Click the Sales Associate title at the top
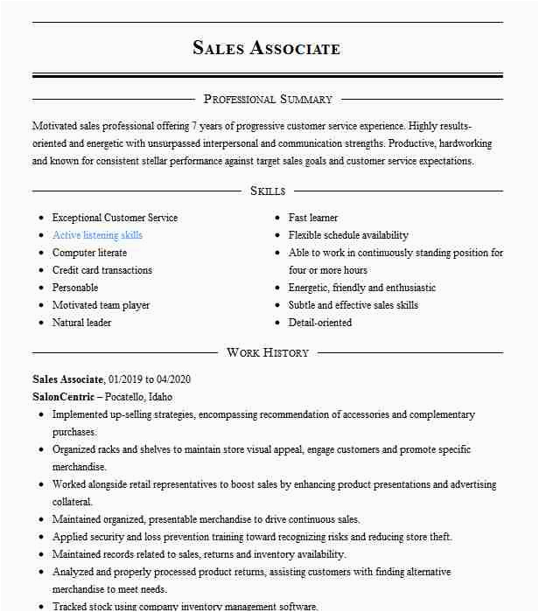(267, 48)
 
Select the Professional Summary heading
(268, 100)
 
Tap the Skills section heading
(268, 191)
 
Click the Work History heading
(268, 352)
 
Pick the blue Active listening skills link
(97, 235)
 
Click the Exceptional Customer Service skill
(115, 218)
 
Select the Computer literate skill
(89, 253)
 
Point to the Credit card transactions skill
(102, 270)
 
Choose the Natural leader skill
(81, 323)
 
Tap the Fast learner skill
(313, 218)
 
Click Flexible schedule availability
(348, 235)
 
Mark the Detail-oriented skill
(320, 323)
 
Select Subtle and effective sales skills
(353, 305)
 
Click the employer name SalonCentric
(62, 396)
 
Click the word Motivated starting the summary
(54, 126)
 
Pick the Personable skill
(75, 288)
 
